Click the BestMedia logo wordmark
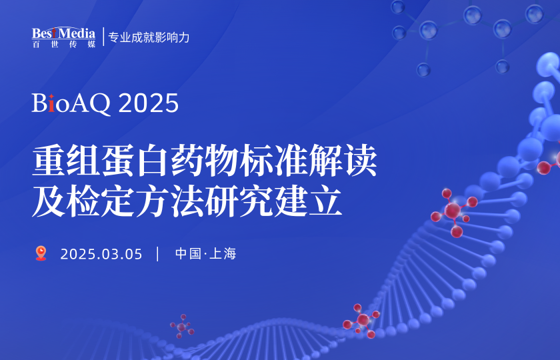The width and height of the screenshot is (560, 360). tap(64, 33)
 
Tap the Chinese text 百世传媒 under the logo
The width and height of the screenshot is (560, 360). tap(64, 44)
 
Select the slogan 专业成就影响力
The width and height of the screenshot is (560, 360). tap(149, 37)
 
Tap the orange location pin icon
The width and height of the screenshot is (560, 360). tap(41, 253)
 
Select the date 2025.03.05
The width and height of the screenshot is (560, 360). tap(101, 254)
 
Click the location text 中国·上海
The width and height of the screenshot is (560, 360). tap(206, 254)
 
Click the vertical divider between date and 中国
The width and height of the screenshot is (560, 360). tap(158, 254)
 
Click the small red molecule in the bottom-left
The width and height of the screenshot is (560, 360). tap(181, 327)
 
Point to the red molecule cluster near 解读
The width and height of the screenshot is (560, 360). tap(454, 210)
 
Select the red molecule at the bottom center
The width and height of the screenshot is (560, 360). tap(362, 320)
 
